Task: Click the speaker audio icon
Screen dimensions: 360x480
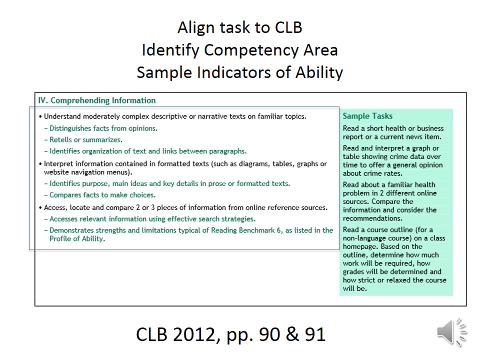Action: pyautogui.click(x=451, y=331)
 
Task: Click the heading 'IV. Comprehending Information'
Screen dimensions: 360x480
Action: pyautogui.click(x=97, y=100)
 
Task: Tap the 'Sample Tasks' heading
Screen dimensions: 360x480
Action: pyautogui.click(x=367, y=116)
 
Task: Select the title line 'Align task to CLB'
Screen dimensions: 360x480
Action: pyautogui.click(x=240, y=27)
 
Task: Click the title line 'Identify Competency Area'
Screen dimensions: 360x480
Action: pyautogui.click(x=240, y=50)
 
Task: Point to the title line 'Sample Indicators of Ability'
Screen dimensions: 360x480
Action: pyautogui.click(x=240, y=72)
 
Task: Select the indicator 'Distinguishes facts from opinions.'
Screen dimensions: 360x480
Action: pyautogui.click(x=103, y=128)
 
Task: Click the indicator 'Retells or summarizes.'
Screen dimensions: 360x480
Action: pyautogui.click(x=85, y=140)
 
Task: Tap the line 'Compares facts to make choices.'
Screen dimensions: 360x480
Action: pyautogui.click(x=102, y=195)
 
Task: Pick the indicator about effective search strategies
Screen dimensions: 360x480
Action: pyautogui.click(x=152, y=219)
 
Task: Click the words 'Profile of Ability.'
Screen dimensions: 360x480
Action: pyautogui.click(x=77, y=239)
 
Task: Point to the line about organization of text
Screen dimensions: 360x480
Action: pyautogui.click(x=147, y=151)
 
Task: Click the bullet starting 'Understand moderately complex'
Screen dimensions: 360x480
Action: pyautogui.click(x=174, y=116)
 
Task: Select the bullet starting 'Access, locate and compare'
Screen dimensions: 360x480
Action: pyautogui.click(x=185, y=207)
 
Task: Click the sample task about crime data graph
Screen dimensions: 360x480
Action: pyautogui.click(x=392, y=160)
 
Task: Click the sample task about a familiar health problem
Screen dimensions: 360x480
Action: pyautogui.click(x=390, y=201)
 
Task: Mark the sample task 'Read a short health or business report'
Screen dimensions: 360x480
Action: pyautogui.click(x=393, y=132)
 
